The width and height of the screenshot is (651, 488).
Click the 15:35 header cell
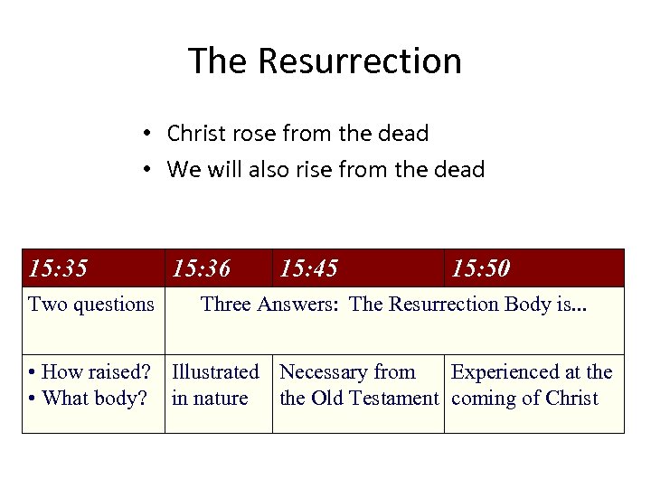[58, 268]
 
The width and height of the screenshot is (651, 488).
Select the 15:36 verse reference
[201, 268]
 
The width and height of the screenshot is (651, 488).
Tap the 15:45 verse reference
[309, 268]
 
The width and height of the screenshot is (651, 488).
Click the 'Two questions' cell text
[91, 304]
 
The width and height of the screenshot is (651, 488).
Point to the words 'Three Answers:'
[271, 304]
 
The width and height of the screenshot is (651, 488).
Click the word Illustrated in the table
[215, 372]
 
